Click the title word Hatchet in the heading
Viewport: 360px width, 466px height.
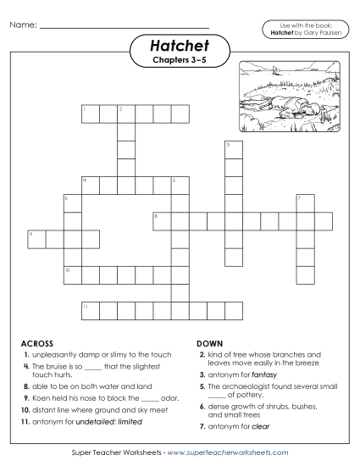[x=180, y=44]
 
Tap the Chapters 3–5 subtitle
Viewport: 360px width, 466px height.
[x=180, y=60]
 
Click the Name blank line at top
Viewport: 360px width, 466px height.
[x=125, y=25]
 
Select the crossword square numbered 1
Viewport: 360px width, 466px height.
[x=91, y=114]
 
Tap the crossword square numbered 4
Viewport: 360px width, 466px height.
[x=91, y=185]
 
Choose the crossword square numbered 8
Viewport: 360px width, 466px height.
[x=162, y=220]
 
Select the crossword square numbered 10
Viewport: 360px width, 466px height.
[x=73, y=274]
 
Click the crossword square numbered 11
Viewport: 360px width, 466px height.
[x=91, y=309]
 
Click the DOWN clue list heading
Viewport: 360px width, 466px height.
[x=209, y=343]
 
